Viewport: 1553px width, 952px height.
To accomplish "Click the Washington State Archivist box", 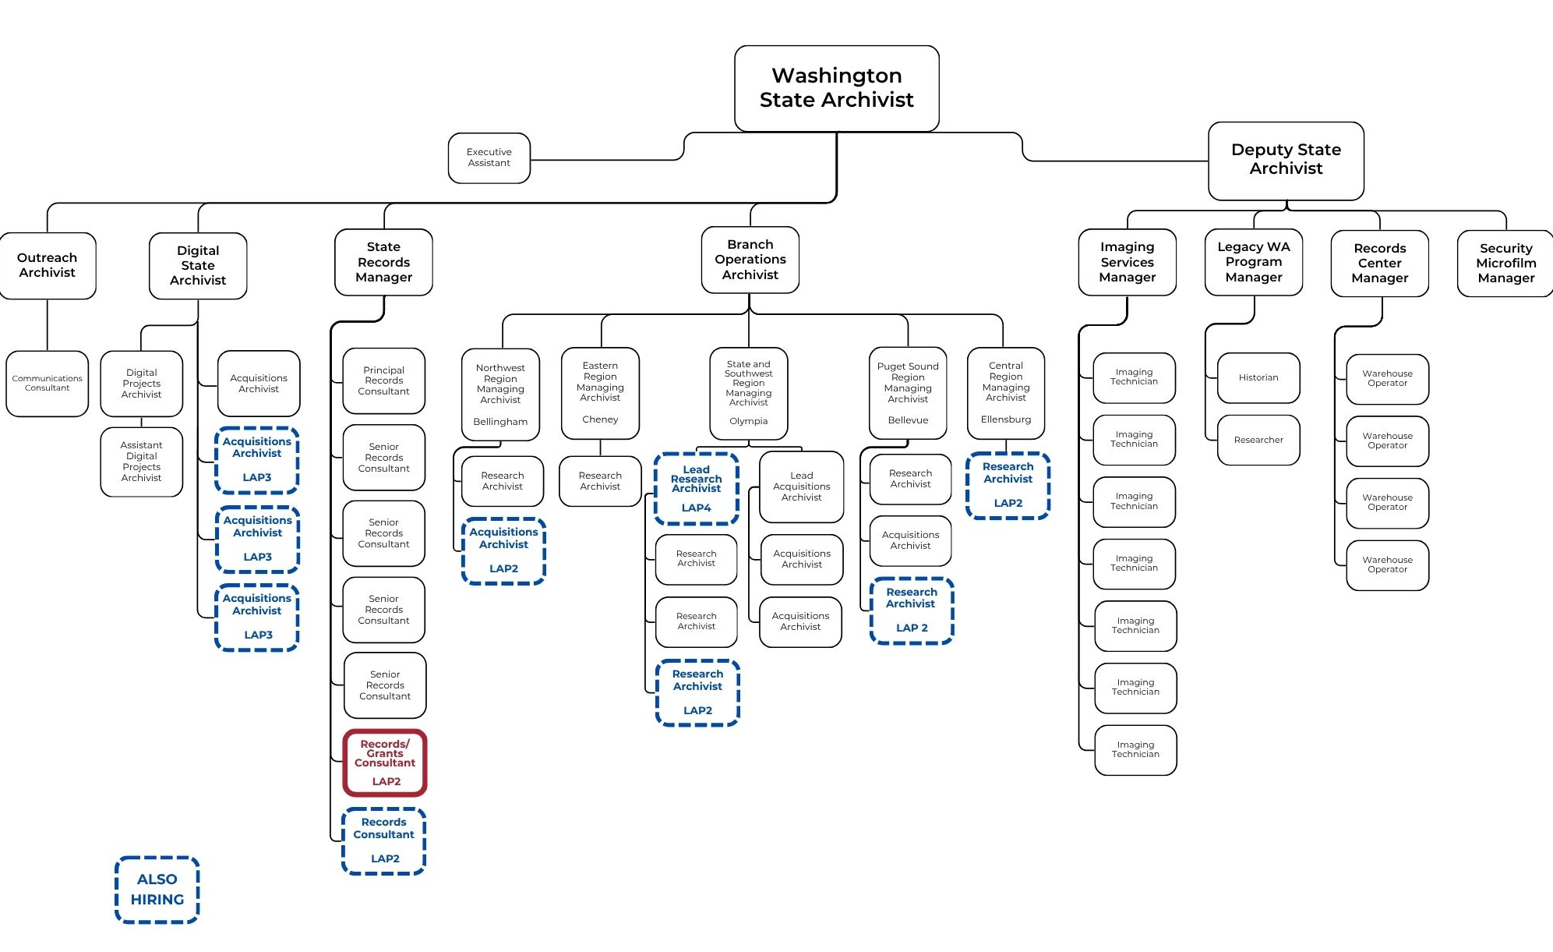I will [836, 88].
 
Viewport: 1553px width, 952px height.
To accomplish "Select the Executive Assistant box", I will [489, 158].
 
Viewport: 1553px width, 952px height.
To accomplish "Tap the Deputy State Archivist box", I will [1286, 160].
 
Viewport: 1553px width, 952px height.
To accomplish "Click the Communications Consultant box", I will [47, 384].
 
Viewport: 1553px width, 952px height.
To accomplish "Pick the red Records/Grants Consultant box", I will [385, 763].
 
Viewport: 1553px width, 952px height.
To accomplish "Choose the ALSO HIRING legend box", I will [157, 890].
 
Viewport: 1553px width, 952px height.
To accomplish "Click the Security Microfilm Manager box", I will [1505, 264].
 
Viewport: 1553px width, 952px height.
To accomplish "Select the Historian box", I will [1258, 378].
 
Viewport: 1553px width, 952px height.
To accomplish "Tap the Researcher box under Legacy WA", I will [1258, 441].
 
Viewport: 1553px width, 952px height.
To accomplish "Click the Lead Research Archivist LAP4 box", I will [696, 489].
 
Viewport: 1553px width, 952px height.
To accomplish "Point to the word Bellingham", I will [500, 422].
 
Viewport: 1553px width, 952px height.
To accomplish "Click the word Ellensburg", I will [1005, 419].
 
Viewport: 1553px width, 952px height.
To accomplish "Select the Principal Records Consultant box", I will [383, 381].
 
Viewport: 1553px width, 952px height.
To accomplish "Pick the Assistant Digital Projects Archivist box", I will [141, 462].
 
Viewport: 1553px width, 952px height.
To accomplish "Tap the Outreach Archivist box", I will [48, 266].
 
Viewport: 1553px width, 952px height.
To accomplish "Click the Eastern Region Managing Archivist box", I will [600, 392].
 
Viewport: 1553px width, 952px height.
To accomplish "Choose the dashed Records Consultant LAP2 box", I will [384, 841].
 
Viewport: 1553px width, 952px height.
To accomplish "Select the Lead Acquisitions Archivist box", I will [801, 487].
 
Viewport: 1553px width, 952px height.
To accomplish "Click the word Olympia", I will [748, 421].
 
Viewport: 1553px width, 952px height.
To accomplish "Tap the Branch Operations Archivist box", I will [750, 260].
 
